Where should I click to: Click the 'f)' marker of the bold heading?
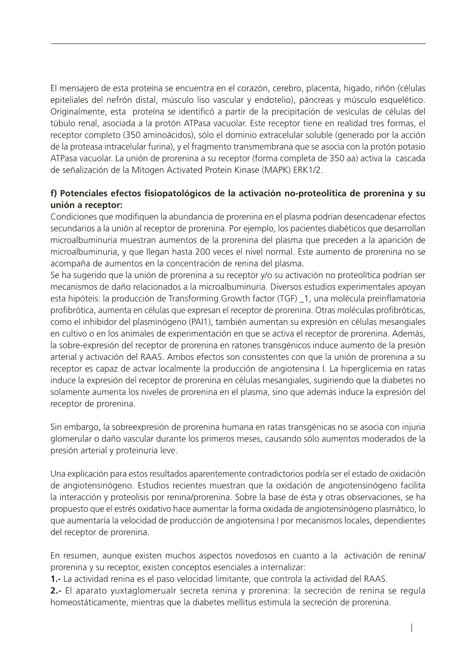point(53,194)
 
